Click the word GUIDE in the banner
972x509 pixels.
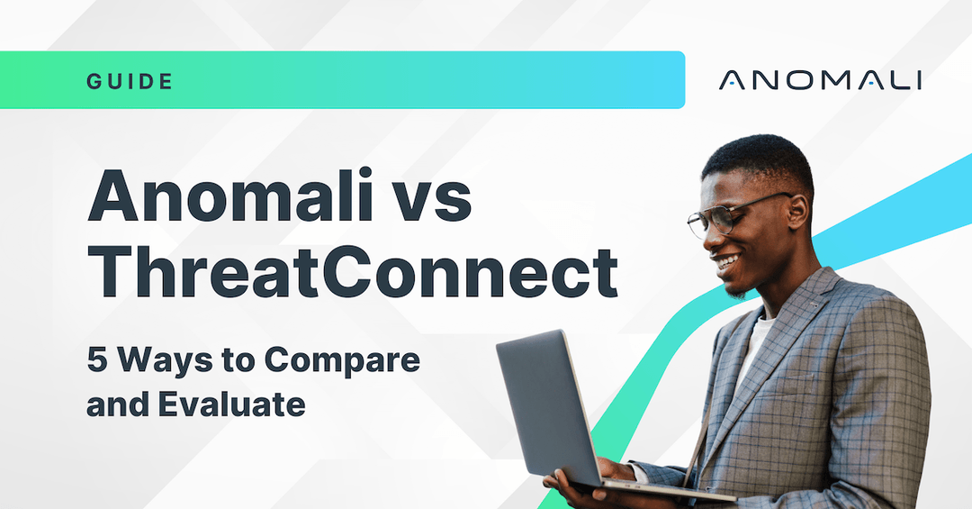(x=130, y=81)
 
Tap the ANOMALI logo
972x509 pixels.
(x=820, y=80)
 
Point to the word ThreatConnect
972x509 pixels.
(x=352, y=270)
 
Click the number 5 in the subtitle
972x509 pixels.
(x=95, y=360)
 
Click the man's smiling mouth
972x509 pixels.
(x=727, y=263)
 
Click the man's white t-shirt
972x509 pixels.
(x=754, y=347)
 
